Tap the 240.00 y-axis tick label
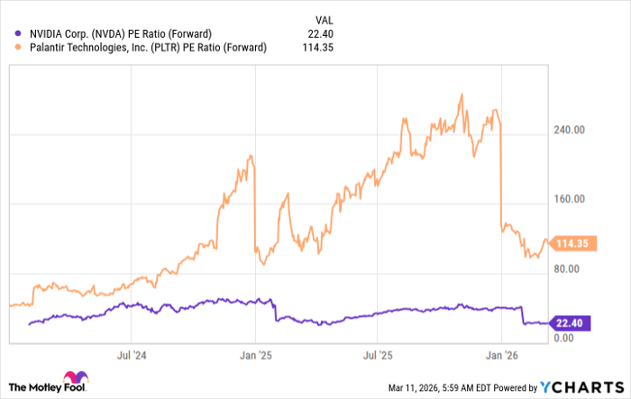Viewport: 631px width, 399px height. pyautogui.click(x=572, y=130)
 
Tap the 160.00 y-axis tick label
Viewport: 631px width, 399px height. pyautogui.click(x=572, y=199)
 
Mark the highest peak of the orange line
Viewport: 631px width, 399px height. pyautogui.click(x=462, y=94)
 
